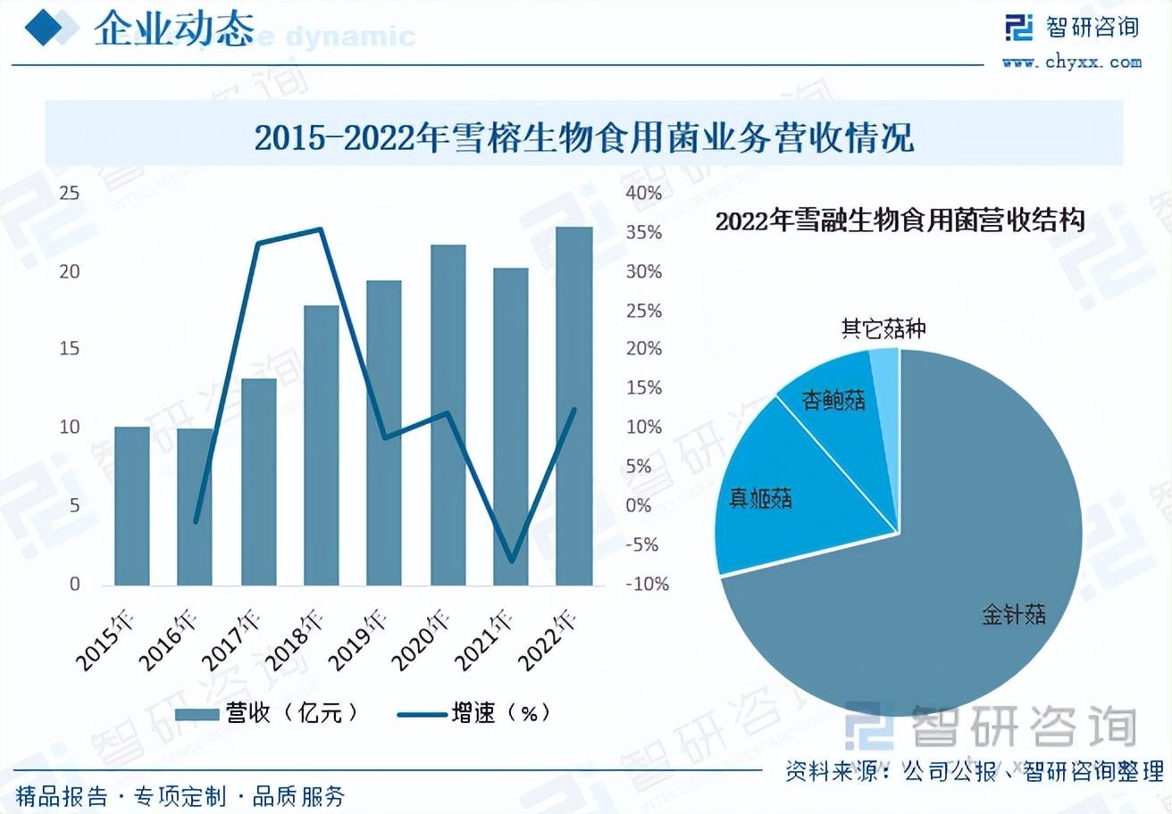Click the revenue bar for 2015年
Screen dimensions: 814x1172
coord(131,506)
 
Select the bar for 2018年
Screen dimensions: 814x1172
coord(322,445)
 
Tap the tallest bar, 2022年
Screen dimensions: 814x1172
coord(573,406)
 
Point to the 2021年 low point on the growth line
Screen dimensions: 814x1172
coord(511,561)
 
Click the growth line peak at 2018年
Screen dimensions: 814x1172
coord(321,229)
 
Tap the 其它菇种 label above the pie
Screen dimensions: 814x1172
coord(883,329)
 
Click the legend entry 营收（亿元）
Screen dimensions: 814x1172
coord(268,712)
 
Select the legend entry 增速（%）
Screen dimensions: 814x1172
coord(473,712)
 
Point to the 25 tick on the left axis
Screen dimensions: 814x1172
coord(70,193)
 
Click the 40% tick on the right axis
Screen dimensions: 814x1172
coord(643,193)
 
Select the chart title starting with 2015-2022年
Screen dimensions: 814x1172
coord(584,138)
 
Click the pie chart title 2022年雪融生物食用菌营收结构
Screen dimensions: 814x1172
coord(900,220)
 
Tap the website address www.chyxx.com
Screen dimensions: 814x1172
coord(1071,62)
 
